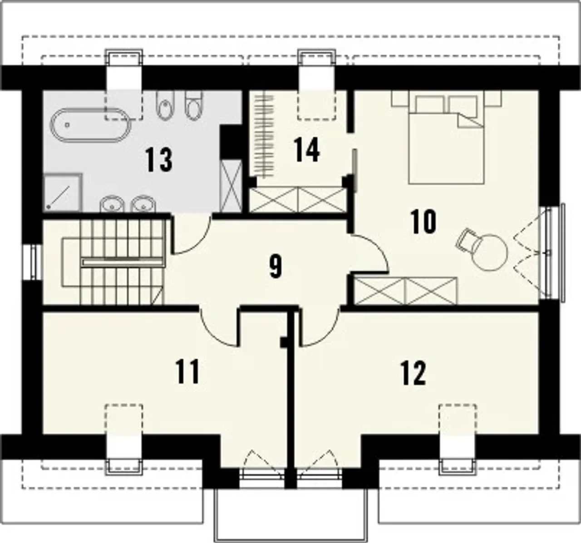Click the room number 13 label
pos(159,160)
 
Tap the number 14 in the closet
pos(306,150)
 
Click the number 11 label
pos(187,372)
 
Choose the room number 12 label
pos(414,373)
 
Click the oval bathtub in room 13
pos(91,126)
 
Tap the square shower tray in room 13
pos(63,192)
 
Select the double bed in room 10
pos(447,140)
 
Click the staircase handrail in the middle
pos(123,262)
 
